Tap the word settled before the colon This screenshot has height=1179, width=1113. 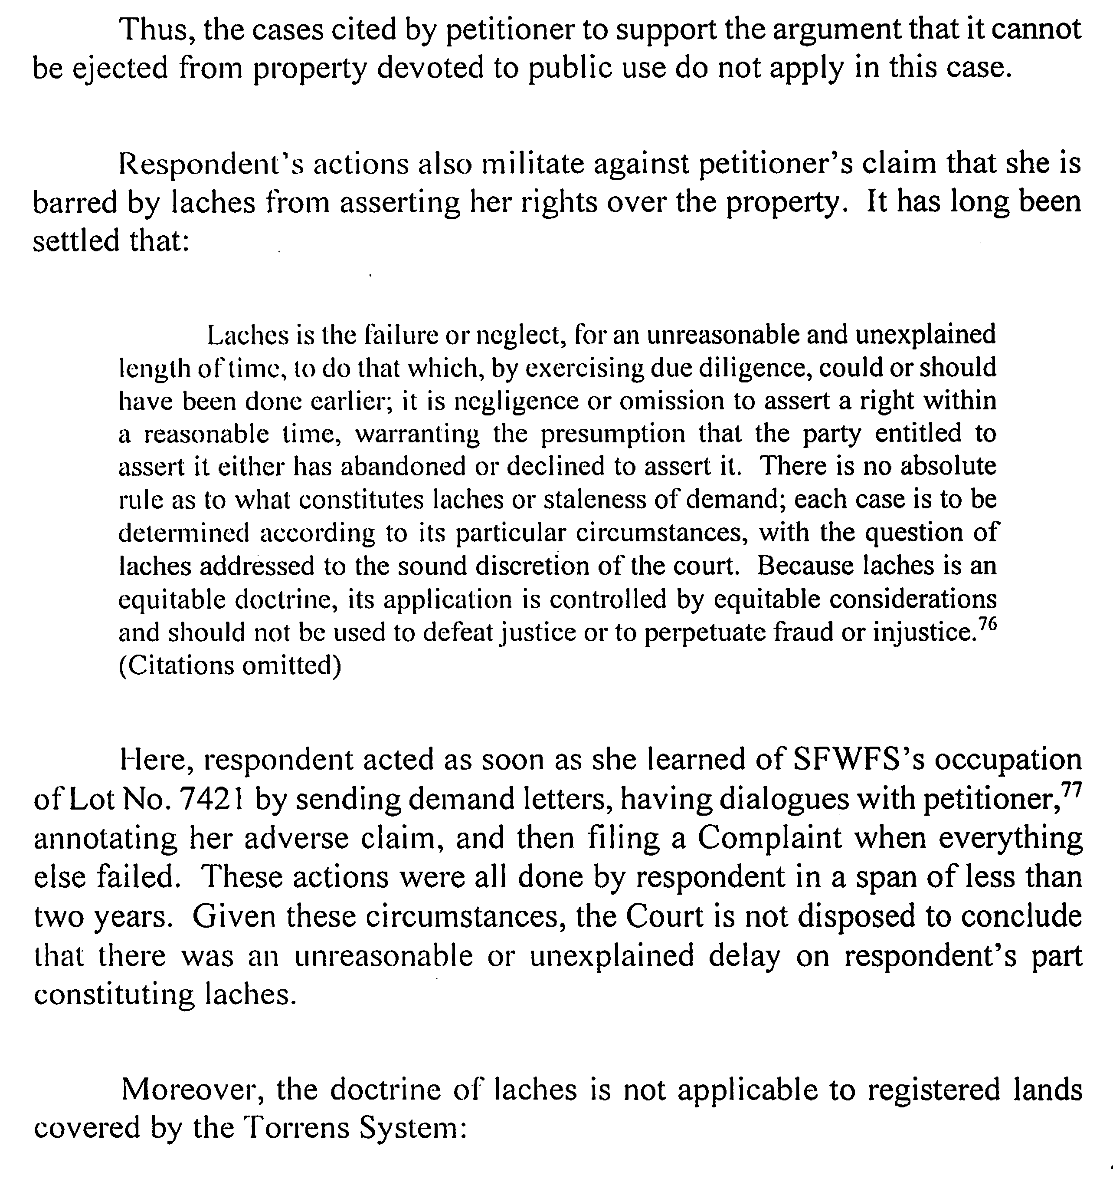click(76, 241)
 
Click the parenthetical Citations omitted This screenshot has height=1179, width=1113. click(230, 665)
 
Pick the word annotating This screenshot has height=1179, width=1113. click(105, 838)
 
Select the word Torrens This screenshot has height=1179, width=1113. click(297, 1127)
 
